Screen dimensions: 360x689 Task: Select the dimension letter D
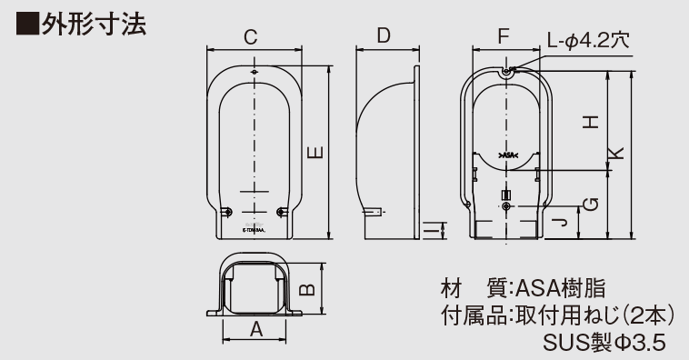click(x=383, y=36)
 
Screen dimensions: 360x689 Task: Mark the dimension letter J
click(x=563, y=219)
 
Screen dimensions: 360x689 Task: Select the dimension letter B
click(x=308, y=288)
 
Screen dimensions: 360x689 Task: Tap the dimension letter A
click(x=256, y=329)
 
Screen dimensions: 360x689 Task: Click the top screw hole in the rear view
click(x=506, y=71)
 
